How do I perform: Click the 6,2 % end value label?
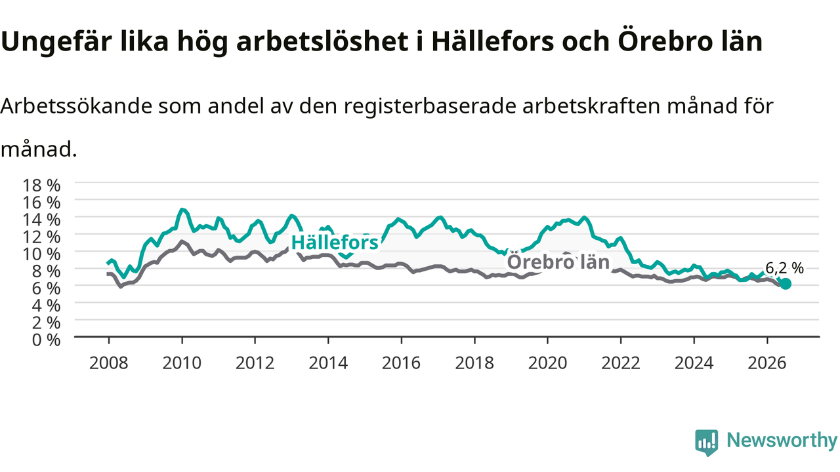pyautogui.click(x=784, y=268)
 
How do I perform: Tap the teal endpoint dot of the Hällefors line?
pyautogui.click(x=785, y=284)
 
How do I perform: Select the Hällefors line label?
pyautogui.click(x=335, y=243)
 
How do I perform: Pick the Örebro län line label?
pyautogui.click(x=558, y=262)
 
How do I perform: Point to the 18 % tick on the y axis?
pyautogui.click(x=41, y=186)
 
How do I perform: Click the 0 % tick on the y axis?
pyautogui.click(x=46, y=340)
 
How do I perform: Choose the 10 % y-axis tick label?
pyautogui.click(x=41, y=254)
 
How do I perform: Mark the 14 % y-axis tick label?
pyautogui.click(x=41, y=220)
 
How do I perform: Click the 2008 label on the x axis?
pyautogui.click(x=109, y=363)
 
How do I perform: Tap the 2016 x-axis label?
pyautogui.click(x=401, y=363)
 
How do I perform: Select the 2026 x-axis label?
pyautogui.click(x=767, y=363)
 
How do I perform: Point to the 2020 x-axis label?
pyautogui.click(x=547, y=363)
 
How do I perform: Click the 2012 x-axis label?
pyautogui.click(x=255, y=363)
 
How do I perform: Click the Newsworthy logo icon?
pyautogui.click(x=707, y=442)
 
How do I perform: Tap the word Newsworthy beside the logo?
pyautogui.click(x=782, y=440)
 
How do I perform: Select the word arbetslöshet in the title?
pyautogui.click(x=322, y=41)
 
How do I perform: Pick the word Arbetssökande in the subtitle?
pyautogui.click(x=76, y=106)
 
